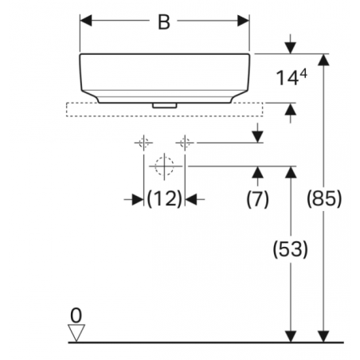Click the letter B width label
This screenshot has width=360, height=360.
tap(164, 22)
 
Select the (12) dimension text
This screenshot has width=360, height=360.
tap(164, 198)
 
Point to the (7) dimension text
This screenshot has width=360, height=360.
tap(257, 198)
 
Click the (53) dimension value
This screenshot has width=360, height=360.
tap(291, 249)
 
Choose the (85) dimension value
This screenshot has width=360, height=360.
tap(324, 198)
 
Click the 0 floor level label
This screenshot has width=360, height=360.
tap(76, 315)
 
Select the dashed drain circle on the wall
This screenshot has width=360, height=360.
tap(164, 166)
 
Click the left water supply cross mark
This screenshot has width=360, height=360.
tap(143, 143)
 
